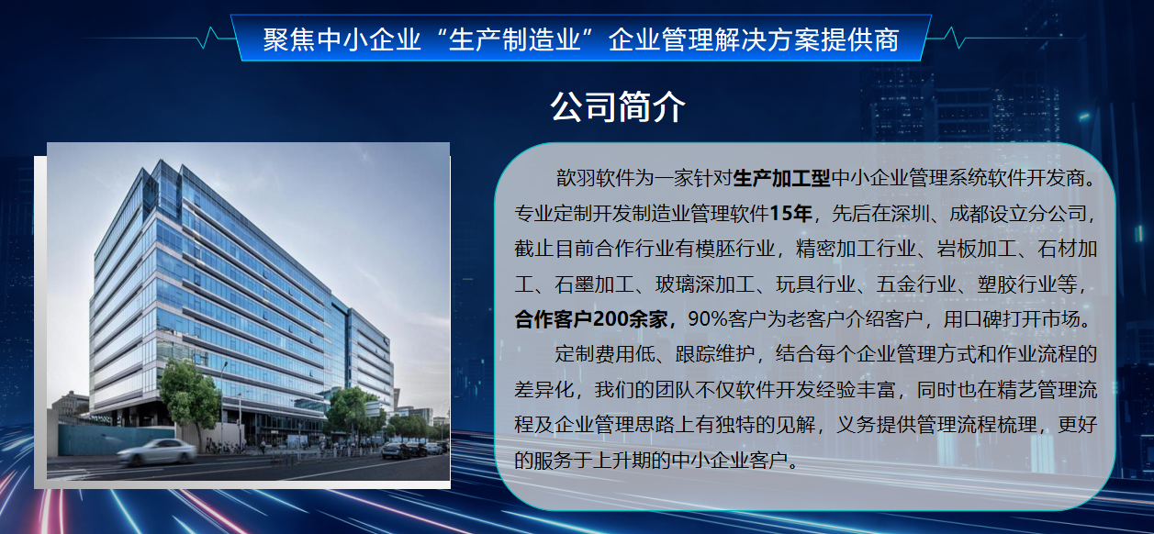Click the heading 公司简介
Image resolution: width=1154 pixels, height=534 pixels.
tap(618, 107)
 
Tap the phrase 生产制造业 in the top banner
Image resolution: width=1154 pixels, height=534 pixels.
tap(515, 39)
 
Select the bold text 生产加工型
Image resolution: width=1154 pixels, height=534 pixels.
tap(781, 178)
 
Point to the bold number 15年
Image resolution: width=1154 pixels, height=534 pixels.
tap(790, 213)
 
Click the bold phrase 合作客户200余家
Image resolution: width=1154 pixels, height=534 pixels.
tap(591, 319)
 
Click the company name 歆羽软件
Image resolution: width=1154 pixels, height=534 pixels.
tap(595, 178)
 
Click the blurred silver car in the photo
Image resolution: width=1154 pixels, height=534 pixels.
tap(157, 452)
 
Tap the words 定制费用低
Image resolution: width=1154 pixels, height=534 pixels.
tap(605, 354)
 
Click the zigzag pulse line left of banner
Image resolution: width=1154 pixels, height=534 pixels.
tap(154, 39)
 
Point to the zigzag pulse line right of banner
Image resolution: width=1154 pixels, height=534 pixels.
tap(1004, 39)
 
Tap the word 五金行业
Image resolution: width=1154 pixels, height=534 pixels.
tap(916, 284)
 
